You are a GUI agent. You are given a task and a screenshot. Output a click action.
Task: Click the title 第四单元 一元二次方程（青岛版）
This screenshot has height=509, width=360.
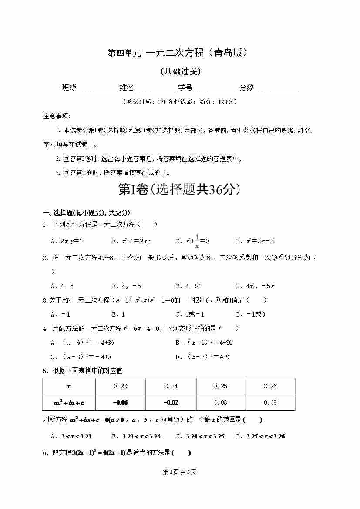[179, 53]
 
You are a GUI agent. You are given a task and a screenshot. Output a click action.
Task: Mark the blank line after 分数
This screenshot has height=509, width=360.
[276, 88]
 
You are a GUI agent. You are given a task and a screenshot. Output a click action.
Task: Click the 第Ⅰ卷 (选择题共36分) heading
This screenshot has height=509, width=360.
[179, 190]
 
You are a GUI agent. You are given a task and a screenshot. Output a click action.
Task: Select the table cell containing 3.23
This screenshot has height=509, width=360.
[120, 386]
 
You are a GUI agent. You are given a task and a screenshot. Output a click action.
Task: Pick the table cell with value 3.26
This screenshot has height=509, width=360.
[270, 386]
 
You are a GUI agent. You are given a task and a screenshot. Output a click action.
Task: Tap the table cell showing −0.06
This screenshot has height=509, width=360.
[120, 402]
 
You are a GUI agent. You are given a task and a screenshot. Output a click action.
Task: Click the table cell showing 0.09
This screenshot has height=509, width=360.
[270, 402]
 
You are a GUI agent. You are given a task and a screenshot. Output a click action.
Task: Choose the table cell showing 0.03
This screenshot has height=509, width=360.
[221, 402]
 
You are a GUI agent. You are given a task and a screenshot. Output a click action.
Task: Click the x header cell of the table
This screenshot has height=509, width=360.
[68, 386]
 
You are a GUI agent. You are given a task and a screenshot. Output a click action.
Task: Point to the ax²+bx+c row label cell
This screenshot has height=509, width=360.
[68, 402]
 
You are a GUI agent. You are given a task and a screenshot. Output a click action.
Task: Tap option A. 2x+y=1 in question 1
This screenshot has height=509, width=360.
[67, 241]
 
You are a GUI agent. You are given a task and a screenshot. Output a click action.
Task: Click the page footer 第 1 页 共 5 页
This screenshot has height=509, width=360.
[179, 472]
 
